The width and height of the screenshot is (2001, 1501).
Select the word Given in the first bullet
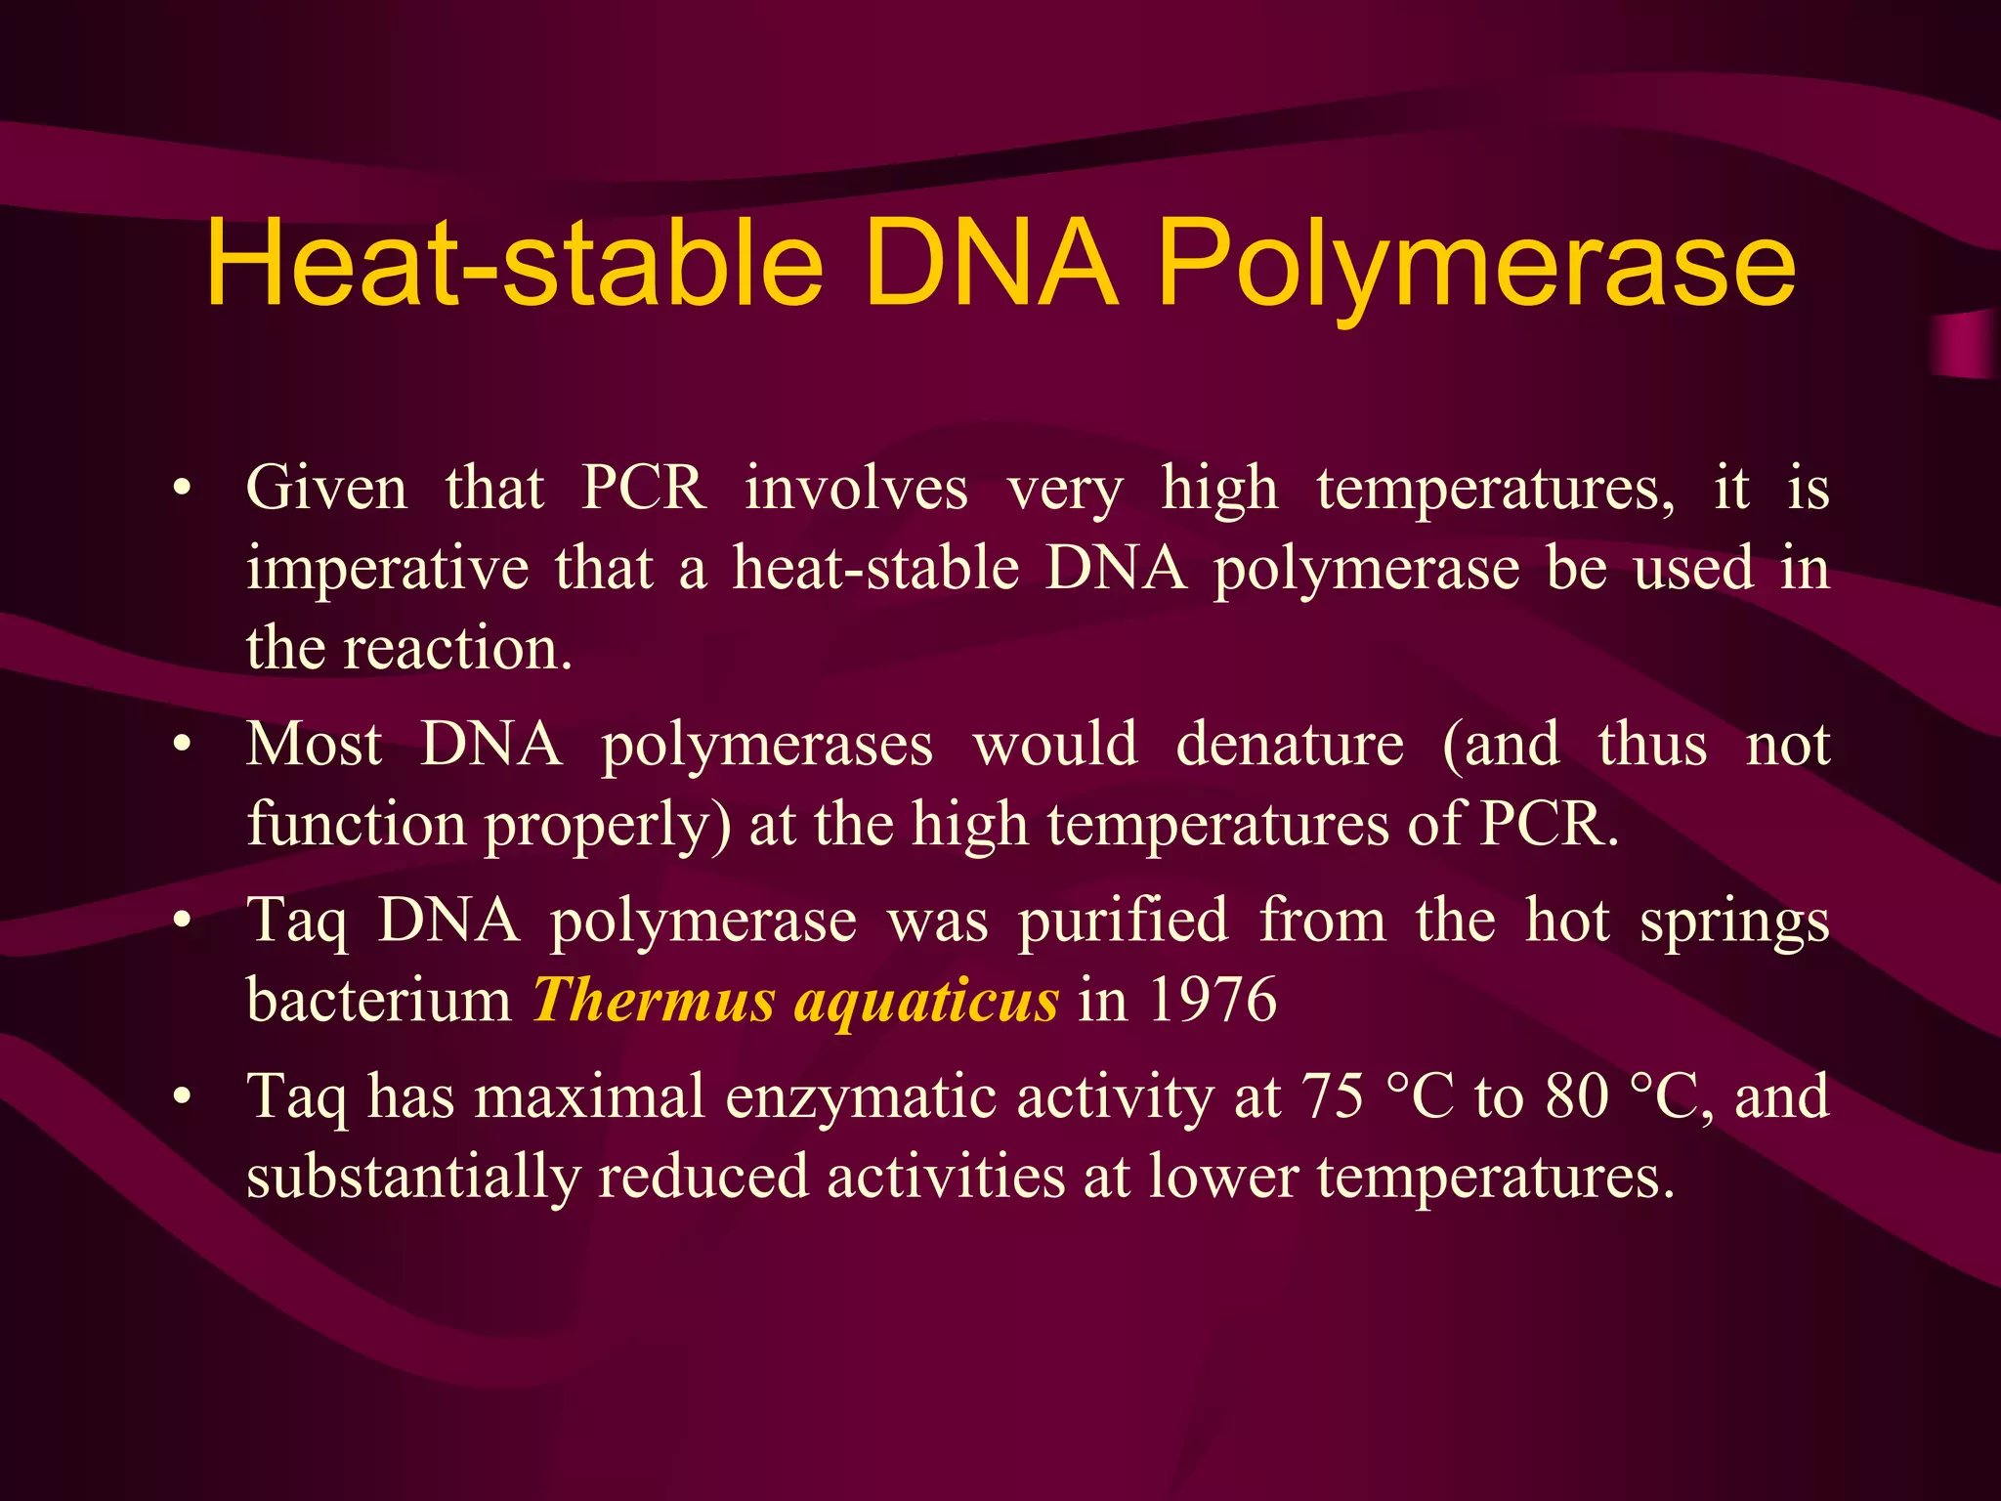326,489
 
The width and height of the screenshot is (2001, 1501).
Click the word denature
1290,746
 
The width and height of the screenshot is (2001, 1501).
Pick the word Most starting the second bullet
314,746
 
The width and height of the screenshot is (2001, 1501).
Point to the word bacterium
379,1001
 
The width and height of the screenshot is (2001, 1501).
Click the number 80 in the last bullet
1577,1096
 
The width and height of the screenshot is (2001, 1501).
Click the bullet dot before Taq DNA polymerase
181,922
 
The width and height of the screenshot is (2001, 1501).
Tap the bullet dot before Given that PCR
181,489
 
